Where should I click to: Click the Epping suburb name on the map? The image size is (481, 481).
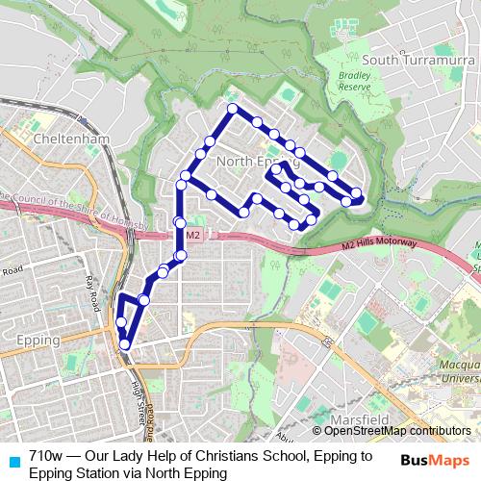[38, 340]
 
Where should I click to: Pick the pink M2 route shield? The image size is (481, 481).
[192, 234]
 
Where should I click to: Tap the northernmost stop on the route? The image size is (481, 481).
[232, 109]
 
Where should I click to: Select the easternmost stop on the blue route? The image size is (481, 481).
[357, 193]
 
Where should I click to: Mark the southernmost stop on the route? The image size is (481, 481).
[124, 343]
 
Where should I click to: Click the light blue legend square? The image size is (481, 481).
[13, 459]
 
